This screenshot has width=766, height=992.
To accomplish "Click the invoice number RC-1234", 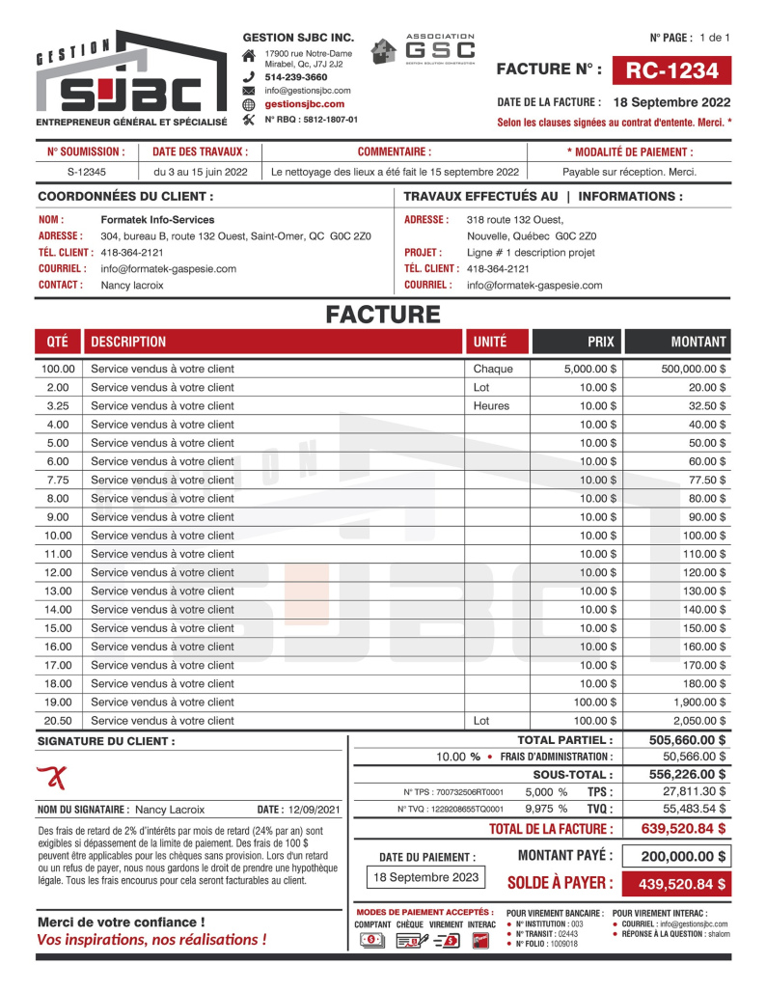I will click(x=671, y=70).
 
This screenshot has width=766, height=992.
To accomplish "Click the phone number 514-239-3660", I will click(x=295, y=76).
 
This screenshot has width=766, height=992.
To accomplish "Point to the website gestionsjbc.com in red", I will click(x=305, y=104).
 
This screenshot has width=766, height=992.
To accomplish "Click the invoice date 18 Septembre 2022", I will click(x=671, y=102).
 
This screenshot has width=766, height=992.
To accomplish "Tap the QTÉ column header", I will click(x=57, y=342).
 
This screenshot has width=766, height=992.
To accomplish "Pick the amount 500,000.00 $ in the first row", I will click(x=694, y=369).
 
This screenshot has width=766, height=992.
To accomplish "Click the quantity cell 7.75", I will click(x=57, y=480).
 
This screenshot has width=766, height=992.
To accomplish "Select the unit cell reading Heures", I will click(x=491, y=406).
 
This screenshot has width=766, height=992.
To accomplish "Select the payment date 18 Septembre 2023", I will click(x=425, y=877).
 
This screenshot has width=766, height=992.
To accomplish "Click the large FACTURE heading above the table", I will click(x=383, y=315).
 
